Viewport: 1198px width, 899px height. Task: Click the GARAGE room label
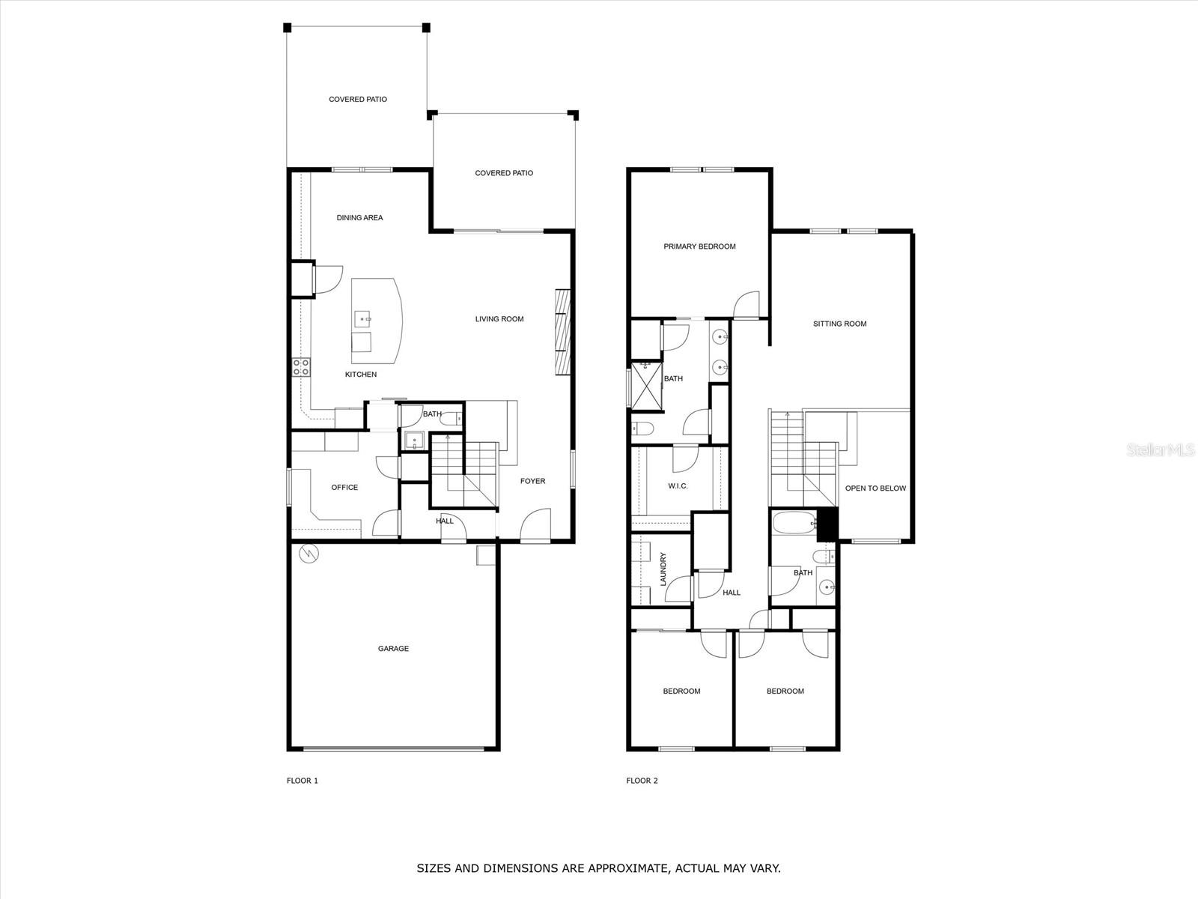tap(393, 649)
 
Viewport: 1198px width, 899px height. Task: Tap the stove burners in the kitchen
tap(301, 367)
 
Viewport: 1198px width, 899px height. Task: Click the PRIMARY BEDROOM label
tap(699, 246)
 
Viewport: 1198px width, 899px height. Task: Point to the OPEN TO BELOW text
tap(875, 488)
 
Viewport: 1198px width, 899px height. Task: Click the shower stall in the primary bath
tap(646, 385)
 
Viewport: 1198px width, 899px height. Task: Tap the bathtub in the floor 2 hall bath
tap(793, 522)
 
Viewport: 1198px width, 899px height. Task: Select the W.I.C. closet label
tap(678, 486)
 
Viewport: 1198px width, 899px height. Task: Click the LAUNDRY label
tap(663, 569)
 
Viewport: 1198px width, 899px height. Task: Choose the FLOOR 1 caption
tap(302, 781)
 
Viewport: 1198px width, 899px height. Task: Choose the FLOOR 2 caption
tap(642, 781)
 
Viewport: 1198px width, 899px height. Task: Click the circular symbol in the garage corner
tap(308, 554)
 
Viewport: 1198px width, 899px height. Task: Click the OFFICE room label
tap(344, 488)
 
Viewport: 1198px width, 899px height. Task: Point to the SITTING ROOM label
tap(839, 324)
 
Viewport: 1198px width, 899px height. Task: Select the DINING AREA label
tap(359, 218)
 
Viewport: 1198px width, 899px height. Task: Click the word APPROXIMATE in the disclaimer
tap(626, 869)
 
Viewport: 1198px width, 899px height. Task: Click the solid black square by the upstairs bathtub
tap(826, 524)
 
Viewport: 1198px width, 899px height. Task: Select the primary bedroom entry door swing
tap(747, 304)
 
